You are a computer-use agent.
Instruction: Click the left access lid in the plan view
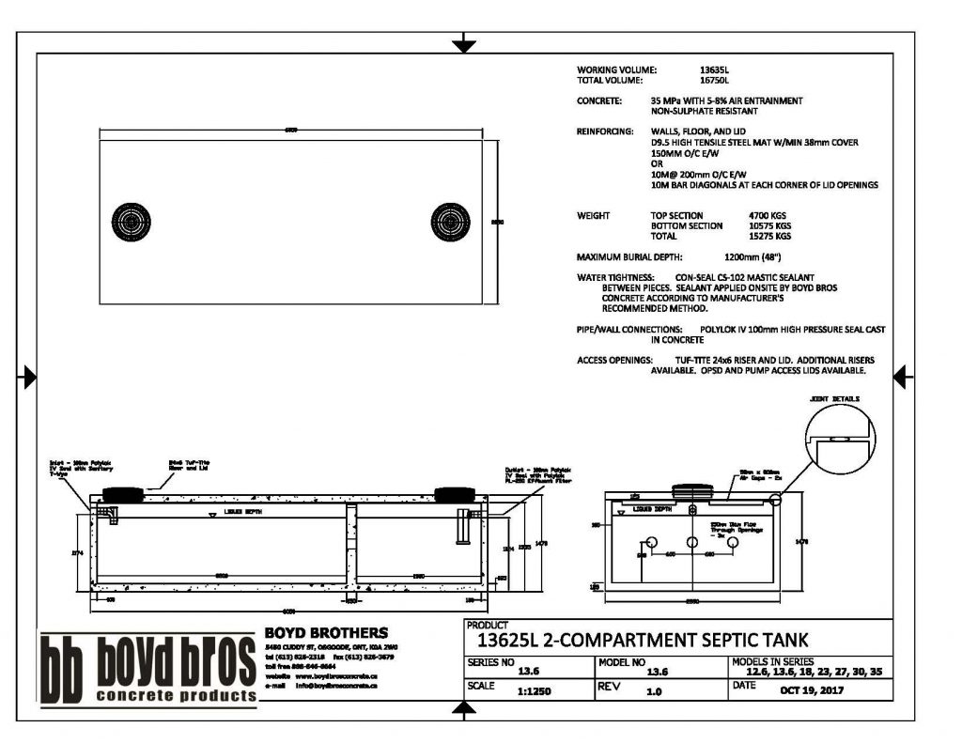click(128, 223)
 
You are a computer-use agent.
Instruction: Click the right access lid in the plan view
click(450, 223)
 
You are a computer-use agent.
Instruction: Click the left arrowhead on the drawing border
click(28, 378)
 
